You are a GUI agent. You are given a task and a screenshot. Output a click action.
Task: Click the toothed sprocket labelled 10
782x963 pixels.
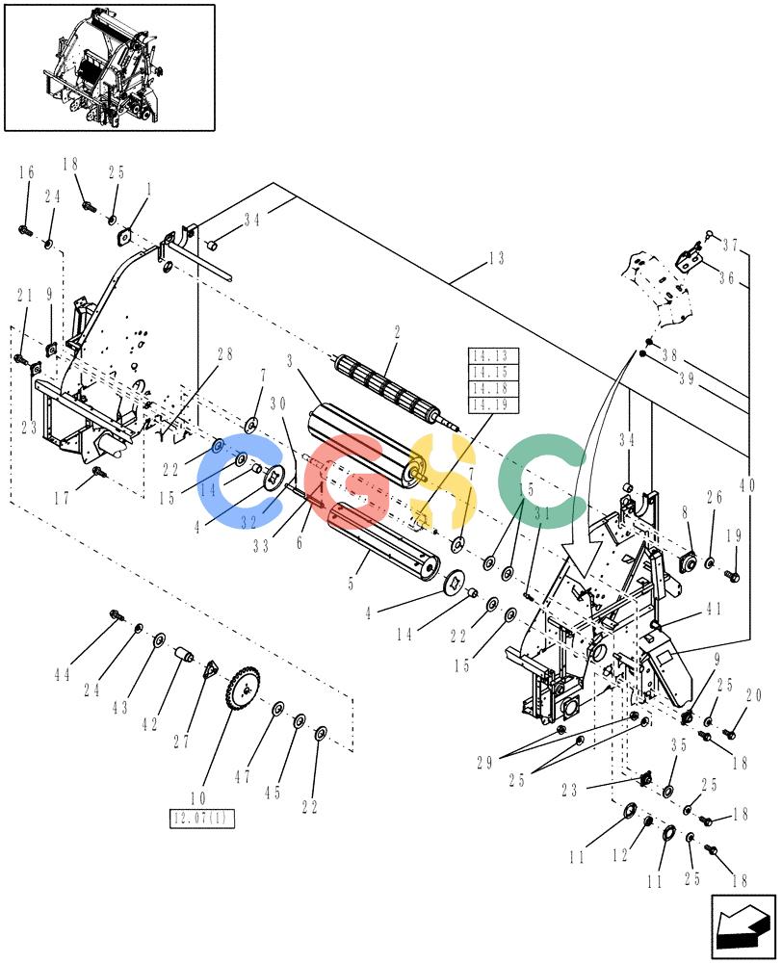tap(243, 690)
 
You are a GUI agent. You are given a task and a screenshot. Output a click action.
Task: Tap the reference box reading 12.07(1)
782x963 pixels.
tap(201, 818)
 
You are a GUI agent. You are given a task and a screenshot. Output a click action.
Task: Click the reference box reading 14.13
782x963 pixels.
tap(494, 356)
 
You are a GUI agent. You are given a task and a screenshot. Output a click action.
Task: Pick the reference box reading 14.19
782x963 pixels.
tap(494, 404)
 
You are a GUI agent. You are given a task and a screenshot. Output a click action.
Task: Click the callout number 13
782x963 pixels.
tap(496, 258)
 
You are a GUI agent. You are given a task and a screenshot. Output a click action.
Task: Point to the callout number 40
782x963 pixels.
tap(747, 485)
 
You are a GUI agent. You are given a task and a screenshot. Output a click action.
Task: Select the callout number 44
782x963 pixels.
tap(62, 675)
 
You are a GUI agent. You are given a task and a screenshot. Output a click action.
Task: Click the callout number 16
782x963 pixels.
tap(26, 172)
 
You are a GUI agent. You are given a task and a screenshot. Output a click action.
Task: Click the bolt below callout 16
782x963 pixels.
tap(25, 231)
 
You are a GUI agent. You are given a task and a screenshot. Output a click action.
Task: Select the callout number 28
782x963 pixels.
tap(224, 354)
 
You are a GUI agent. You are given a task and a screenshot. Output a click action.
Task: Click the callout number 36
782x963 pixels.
tap(726, 277)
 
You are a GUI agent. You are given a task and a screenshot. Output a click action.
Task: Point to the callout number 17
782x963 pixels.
tap(62, 498)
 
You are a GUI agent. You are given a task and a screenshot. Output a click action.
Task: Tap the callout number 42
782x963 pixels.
tap(149, 724)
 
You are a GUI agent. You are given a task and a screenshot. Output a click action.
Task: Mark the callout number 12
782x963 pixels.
tap(620, 854)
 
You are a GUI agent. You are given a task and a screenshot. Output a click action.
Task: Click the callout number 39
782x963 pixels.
tap(686, 378)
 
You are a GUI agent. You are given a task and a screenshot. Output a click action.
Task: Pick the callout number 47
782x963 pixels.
tap(243, 777)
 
